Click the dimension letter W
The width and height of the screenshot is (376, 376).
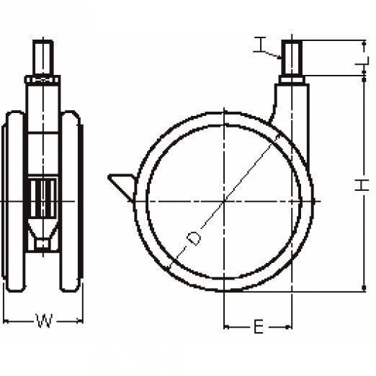click(x=45, y=321)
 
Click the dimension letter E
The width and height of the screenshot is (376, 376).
click(x=259, y=327)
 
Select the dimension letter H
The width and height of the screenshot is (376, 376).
click(x=362, y=185)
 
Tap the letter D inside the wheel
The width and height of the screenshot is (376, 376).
click(x=194, y=238)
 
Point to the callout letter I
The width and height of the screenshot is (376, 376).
click(x=260, y=45)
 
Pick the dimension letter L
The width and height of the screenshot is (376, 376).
click(x=362, y=61)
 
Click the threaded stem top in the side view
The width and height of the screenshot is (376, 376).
click(x=292, y=58)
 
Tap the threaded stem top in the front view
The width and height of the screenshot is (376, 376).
click(x=43, y=58)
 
